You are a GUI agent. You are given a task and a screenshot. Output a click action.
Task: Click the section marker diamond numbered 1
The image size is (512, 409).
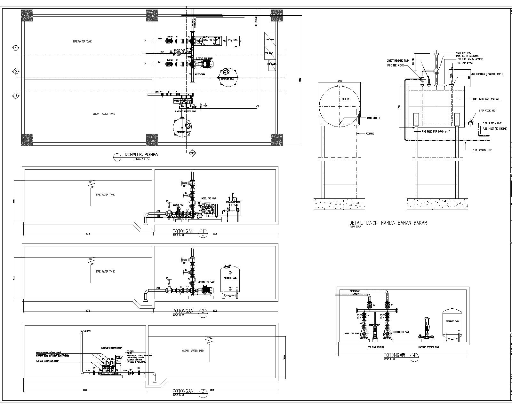(x=16, y=48)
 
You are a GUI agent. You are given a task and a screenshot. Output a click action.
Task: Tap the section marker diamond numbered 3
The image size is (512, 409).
(x=16, y=96)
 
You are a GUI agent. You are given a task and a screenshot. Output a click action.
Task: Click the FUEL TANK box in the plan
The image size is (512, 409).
(x=233, y=40)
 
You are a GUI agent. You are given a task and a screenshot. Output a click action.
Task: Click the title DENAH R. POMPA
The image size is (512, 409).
(x=141, y=155)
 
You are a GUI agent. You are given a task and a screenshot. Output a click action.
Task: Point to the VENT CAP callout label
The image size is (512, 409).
(x=465, y=53)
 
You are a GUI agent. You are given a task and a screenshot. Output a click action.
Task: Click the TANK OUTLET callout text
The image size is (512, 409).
(x=373, y=118)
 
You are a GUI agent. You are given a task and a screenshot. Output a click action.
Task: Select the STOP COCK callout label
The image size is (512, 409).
(x=487, y=111)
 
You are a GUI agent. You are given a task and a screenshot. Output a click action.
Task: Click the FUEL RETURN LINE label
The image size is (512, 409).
(x=483, y=150)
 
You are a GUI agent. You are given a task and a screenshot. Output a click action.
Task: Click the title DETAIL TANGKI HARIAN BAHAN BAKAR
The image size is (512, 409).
(x=388, y=223)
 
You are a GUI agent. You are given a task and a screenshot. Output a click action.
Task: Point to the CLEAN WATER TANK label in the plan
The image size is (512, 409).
(x=104, y=114)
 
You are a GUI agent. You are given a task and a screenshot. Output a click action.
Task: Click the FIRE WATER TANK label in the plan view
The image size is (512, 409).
(x=82, y=42)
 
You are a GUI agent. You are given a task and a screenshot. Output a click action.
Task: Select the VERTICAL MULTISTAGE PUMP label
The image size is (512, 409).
(x=47, y=360)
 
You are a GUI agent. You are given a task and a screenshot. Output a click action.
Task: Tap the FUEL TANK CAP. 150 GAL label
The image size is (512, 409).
(x=486, y=99)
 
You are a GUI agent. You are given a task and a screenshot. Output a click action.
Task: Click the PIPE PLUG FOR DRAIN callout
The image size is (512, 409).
(x=433, y=131)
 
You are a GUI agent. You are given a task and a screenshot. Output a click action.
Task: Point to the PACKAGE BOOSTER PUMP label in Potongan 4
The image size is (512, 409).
(x=429, y=347)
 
